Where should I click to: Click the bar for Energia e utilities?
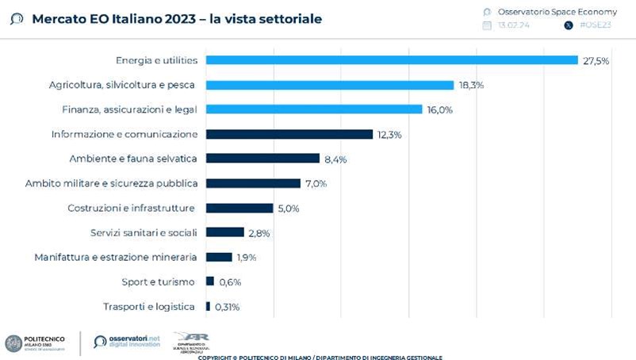pyautogui.click(x=392, y=60)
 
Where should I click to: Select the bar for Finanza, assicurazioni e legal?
pyautogui.click(x=314, y=109)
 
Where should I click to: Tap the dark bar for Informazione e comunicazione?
pyautogui.click(x=289, y=134)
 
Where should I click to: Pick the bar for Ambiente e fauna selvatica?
pyautogui.click(x=262, y=159)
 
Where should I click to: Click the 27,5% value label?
pyautogui.click(x=596, y=61)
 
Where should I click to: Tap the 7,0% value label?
pyautogui.click(x=314, y=184)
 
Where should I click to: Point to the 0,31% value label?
pyautogui.click(x=227, y=307)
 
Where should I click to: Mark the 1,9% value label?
pyautogui.click(x=247, y=258)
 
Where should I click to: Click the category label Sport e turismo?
pyautogui.click(x=159, y=281)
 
